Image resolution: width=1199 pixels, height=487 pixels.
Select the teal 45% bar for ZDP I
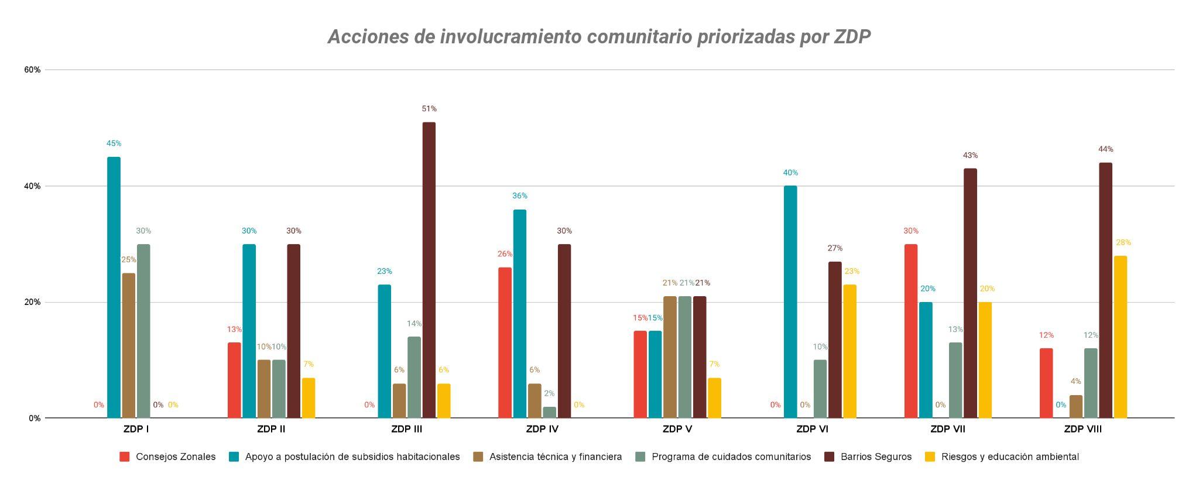[x=114, y=287]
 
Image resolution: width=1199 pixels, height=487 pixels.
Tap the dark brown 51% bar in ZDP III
[x=429, y=269]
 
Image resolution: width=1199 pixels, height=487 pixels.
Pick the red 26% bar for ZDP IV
[x=505, y=342]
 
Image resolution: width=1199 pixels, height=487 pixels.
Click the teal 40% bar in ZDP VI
[x=790, y=301]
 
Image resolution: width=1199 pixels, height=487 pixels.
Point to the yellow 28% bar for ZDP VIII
[x=1120, y=337]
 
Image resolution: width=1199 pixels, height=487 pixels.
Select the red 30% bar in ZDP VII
[x=911, y=331]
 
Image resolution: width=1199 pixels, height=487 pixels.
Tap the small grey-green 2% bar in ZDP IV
[x=549, y=412]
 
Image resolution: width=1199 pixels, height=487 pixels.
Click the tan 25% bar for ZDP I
[x=129, y=345]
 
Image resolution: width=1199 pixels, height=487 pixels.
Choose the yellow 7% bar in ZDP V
[x=714, y=398]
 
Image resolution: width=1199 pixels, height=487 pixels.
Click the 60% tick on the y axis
[x=32, y=70]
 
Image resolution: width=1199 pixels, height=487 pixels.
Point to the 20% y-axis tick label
[x=32, y=302]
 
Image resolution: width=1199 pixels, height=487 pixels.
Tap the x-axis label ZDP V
[x=677, y=429]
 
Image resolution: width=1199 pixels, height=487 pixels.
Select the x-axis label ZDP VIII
[x=1082, y=429]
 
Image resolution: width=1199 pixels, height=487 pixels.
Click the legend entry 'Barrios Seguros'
[x=876, y=457]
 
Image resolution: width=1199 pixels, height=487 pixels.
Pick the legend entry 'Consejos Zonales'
[x=175, y=457]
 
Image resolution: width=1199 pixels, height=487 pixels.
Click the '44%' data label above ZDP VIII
[x=1106, y=149]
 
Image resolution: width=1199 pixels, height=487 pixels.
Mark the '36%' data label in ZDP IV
[x=519, y=196]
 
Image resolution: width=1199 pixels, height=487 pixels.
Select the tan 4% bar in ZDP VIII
[x=1076, y=406]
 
